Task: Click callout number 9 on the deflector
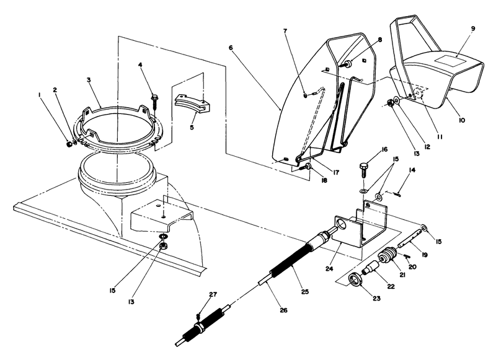[472, 29]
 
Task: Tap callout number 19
[425, 254]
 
